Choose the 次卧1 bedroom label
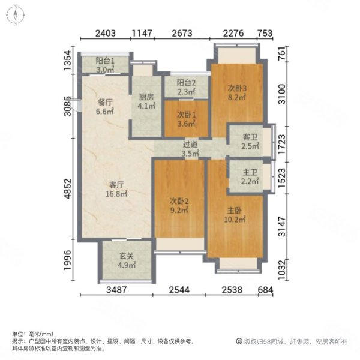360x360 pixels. [x=186, y=114]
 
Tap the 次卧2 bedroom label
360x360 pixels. [x=180, y=202]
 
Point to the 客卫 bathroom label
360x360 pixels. [x=249, y=137]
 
